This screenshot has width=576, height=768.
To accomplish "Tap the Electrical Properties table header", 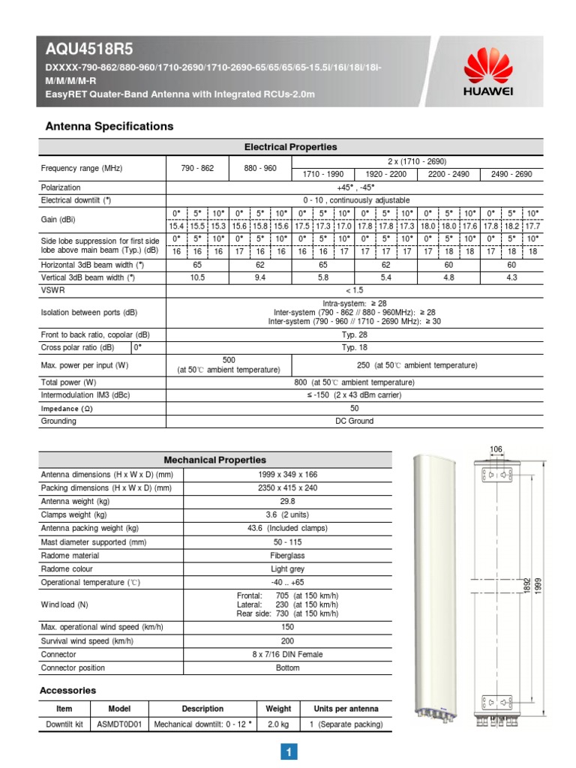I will tap(291, 147).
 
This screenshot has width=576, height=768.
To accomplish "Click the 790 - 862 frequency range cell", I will tap(197, 168).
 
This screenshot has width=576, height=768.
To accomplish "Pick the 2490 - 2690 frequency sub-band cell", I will tap(511, 174).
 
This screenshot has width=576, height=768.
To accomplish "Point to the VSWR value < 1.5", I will tap(355, 289).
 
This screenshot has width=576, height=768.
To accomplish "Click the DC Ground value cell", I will tap(355, 421).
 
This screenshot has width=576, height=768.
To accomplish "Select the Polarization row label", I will tap(61, 187).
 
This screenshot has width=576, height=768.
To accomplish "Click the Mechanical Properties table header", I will tap(215, 460).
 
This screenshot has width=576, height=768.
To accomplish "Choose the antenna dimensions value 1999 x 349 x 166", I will tap(287, 474).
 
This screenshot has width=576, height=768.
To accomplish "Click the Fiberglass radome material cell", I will tap(287, 556).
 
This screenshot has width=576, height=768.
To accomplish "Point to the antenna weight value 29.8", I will tap(287, 501).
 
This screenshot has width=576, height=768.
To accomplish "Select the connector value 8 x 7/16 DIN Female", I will tap(287, 654).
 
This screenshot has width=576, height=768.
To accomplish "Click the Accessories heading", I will tap(67, 690).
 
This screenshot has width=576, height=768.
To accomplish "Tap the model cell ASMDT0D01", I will tap(119, 724).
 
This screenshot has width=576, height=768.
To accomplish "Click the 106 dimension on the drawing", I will tap(496, 449).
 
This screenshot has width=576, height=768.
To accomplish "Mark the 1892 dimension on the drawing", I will tap(526, 585).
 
